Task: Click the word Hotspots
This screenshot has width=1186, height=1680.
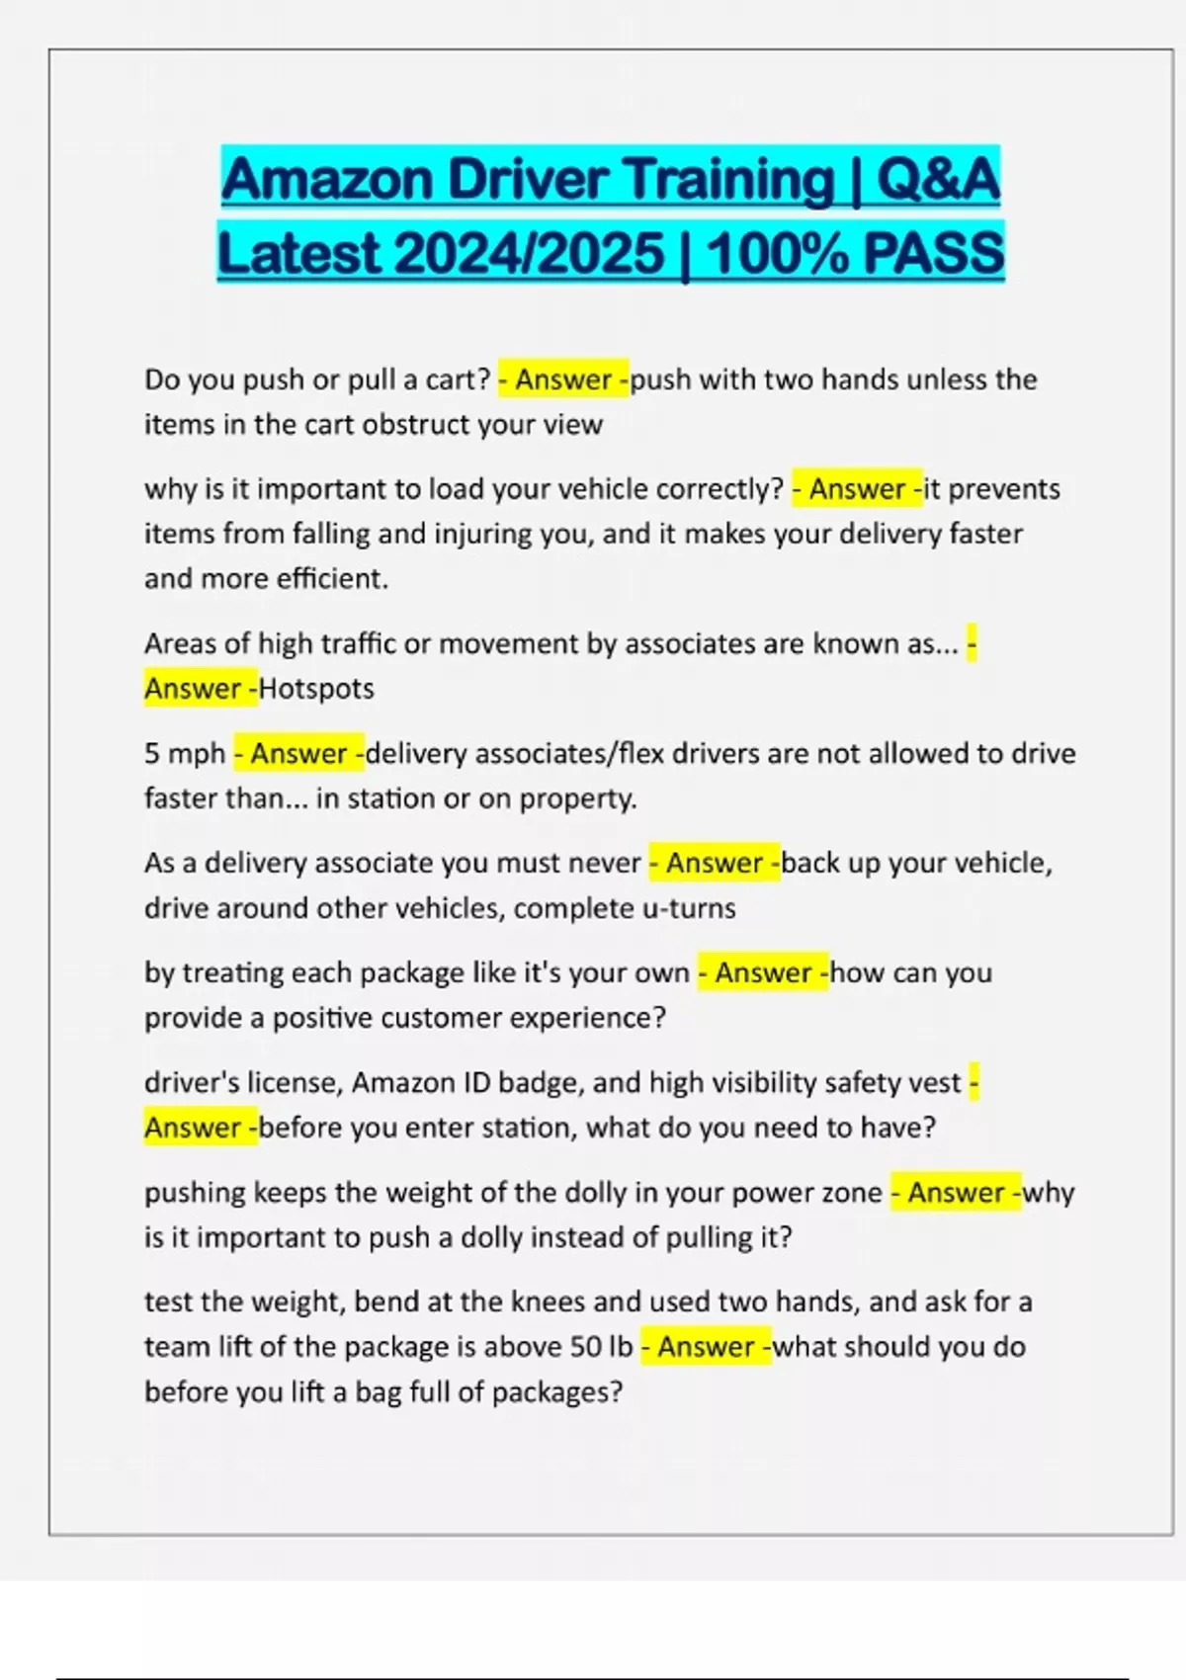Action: pyautogui.click(x=316, y=689)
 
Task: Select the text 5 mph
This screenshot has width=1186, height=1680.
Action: pyautogui.click(x=185, y=754)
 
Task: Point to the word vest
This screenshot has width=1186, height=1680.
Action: pyautogui.click(x=936, y=1083)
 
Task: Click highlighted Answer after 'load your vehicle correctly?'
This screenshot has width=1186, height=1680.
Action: pyautogui.click(x=857, y=490)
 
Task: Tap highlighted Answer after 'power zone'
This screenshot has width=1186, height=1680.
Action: pyautogui.click(x=956, y=1193)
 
